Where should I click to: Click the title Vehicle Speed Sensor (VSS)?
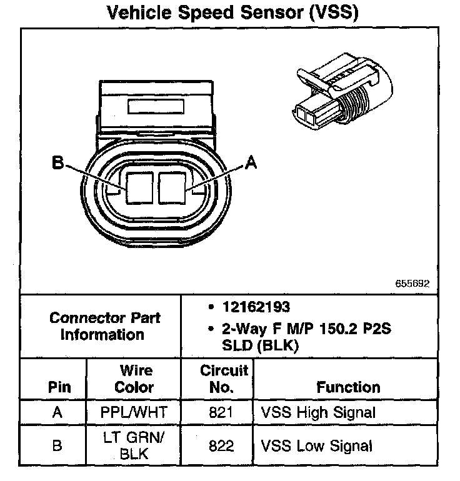click(x=233, y=13)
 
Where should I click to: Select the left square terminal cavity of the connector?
click(x=139, y=187)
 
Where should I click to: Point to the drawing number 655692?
click(x=412, y=283)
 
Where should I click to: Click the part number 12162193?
click(x=256, y=307)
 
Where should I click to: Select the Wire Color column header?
click(x=134, y=379)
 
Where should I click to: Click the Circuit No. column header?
click(x=223, y=379)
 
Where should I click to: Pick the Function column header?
click(x=348, y=387)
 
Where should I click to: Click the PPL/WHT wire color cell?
click(x=134, y=412)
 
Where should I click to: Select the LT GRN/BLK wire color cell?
click(x=134, y=445)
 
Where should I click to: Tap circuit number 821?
click(x=222, y=412)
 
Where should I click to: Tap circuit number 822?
click(x=222, y=446)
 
